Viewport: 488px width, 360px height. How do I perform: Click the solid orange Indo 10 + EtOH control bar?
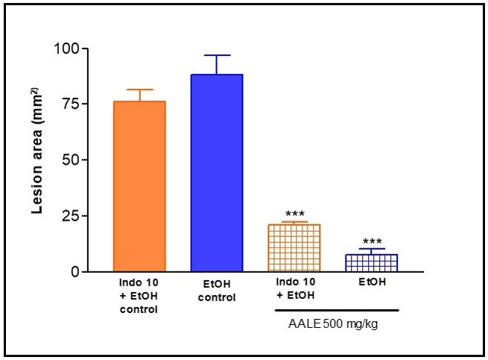point(139,186)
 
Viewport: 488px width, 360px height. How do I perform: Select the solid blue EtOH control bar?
point(217,173)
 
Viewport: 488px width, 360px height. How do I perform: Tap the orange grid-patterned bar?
point(294,247)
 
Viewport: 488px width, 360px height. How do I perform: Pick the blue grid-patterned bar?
point(371,263)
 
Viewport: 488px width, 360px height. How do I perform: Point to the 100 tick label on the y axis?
point(67,49)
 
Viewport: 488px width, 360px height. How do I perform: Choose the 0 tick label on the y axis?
point(75,272)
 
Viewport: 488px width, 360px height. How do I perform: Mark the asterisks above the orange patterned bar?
point(294,215)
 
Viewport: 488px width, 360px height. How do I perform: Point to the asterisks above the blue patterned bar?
point(371,242)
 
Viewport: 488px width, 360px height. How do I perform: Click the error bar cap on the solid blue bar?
point(217,55)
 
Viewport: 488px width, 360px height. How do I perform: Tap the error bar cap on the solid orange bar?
point(139,89)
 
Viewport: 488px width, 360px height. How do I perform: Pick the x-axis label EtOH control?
point(217,291)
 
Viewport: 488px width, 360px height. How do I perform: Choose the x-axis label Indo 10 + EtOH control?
point(139,296)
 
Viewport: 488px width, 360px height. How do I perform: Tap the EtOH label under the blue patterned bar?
point(371,284)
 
